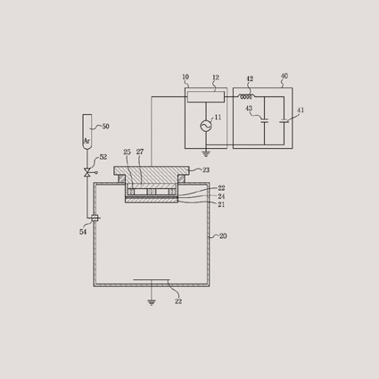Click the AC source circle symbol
point(206,126)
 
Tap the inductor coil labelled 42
point(246,96)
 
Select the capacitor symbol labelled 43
point(264,120)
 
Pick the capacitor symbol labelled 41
point(284,121)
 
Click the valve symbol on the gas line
point(87,172)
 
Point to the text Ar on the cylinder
point(87,141)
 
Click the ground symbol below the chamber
point(152,302)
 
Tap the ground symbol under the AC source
point(206,153)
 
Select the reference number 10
point(185,77)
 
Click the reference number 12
point(216,78)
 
